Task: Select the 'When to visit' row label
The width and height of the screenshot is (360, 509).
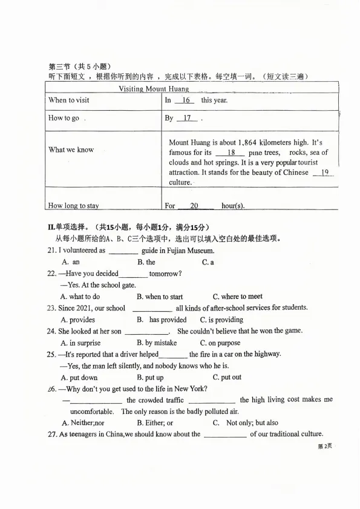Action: click(68, 100)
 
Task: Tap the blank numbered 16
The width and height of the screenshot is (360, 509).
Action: click(186, 100)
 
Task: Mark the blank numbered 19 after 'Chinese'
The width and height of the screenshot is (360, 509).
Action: click(324, 172)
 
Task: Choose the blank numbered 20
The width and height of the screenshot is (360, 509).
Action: click(194, 206)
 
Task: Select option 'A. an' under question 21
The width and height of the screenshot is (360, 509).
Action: click(71, 262)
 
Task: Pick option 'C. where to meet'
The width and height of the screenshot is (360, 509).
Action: click(237, 297)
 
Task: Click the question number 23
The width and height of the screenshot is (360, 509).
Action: click(51, 308)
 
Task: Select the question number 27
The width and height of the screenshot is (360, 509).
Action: click(51, 434)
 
